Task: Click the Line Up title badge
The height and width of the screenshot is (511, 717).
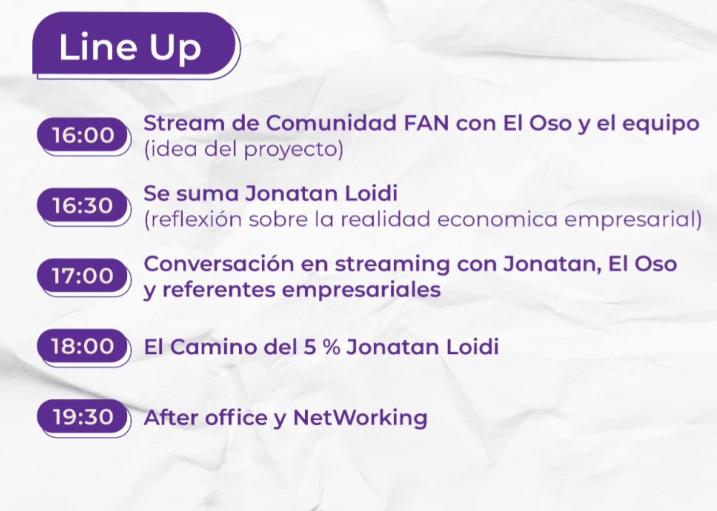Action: (136, 45)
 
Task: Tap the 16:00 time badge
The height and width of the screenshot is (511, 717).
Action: (84, 136)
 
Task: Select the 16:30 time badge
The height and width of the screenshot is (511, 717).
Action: (84, 207)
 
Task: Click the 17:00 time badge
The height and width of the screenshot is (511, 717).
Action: (84, 277)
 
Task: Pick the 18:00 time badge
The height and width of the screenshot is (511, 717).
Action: (84, 347)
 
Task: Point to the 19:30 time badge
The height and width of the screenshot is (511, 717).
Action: (84, 418)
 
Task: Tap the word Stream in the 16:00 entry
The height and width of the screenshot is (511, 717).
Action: (184, 123)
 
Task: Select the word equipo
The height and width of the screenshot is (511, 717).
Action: (661, 126)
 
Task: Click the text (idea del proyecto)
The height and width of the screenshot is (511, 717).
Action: (244, 149)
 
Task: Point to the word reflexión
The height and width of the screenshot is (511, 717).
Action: (197, 219)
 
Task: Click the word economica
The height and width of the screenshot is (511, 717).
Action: (497, 220)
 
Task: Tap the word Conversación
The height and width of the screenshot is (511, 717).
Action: (219, 264)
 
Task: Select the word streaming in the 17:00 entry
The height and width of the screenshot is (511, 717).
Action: (392, 266)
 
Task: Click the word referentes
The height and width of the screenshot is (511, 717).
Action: (219, 290)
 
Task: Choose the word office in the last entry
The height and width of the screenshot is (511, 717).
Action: (236, 417)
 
